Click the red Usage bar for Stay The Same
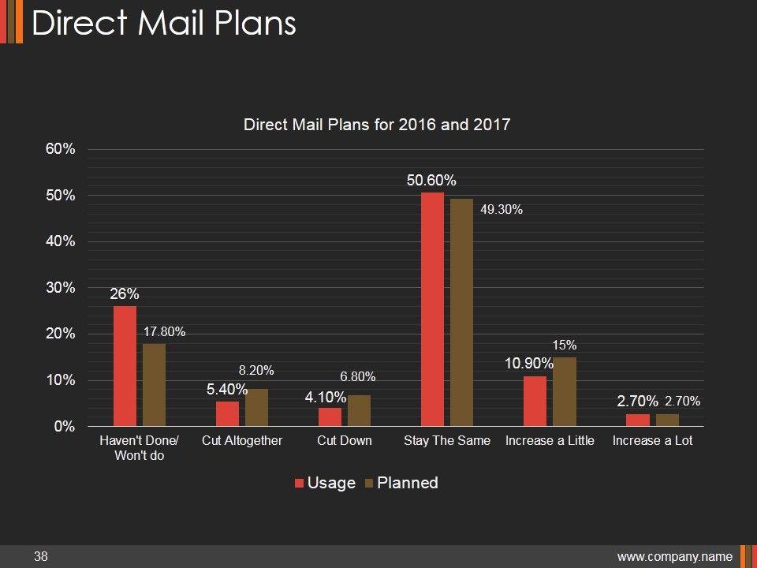coord(432,309)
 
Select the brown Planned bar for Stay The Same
coord(461,312)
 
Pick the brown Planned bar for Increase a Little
coord(565,392)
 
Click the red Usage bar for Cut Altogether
coord(227,413)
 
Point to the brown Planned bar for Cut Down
coord(359,410)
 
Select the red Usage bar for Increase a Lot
coord(638,420)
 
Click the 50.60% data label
coord(431,181)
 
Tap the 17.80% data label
coord(165,332)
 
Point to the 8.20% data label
coord(256,370)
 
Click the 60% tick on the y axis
coord(60,149)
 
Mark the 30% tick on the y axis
coord(60,288)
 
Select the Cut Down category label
coord(345,440)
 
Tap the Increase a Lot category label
coord(652,440)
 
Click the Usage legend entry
coord(324,483)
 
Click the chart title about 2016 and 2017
coord(377,125)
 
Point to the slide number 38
coord(41,557)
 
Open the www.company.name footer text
coord(675,557)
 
